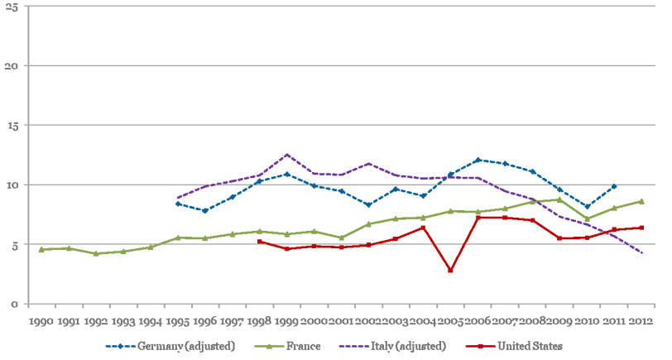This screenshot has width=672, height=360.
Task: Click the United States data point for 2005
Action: (x=450, y=271)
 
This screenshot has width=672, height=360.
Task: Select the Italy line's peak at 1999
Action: (x=286, y=155)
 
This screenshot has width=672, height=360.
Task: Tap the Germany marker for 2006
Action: (x=478, y=160)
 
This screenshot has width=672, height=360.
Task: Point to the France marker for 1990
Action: (x=41, y=249)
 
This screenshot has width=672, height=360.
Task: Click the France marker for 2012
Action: (x=641, y=201)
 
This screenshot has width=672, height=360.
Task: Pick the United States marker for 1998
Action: (x=260, y=242)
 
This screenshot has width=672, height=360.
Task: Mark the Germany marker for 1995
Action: (x=178, y=204)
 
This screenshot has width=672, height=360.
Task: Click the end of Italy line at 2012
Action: (x=641, y=253)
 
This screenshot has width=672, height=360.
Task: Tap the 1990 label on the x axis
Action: (x=41, y=319)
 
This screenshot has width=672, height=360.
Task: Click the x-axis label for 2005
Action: (x=450, y=319)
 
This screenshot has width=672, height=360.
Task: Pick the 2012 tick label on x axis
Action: (x=641, y=319)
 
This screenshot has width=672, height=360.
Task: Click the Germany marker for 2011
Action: (x=613, y=186)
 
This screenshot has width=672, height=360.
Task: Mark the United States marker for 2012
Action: (x=641, y=228)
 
